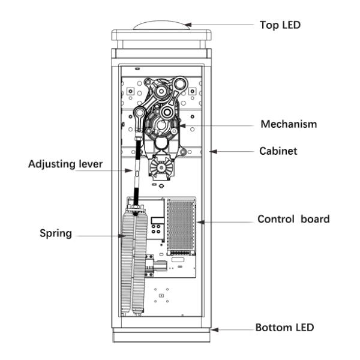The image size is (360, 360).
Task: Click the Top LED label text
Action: (x=280, y=25)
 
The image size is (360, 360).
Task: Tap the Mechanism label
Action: (x=289, y=124)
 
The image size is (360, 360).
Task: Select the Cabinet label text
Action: (x=278, y=151)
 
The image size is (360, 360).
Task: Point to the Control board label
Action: (x=293, y=219)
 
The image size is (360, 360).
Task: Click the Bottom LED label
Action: (x=284, y=328)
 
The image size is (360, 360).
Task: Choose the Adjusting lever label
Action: (x=65, y=164)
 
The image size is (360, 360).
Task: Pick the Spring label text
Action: (x=56, y=233)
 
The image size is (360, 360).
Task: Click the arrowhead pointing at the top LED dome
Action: (x=188, y=25)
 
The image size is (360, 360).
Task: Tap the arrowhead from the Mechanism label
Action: (x=182, y=126)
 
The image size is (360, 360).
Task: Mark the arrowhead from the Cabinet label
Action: (x=213, y=152)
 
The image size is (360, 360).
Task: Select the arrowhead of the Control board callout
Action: (x=200, y=222)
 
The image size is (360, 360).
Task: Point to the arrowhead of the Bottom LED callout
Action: (x=215, y=330)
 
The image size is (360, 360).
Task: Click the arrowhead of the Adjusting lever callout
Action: (x=129, y=170)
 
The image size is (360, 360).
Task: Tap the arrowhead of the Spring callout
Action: (x=122, y=236)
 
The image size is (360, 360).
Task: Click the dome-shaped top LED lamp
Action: (x=162, y=25)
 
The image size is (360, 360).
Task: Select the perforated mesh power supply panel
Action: (x=181, y=226)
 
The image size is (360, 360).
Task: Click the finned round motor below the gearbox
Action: (x=161, y=167)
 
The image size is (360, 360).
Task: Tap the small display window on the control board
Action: (x=157, y=221)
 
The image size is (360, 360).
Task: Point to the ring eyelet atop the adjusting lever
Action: (x=140, y=113)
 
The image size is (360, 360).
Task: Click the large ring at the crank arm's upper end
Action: (x=180, y=83)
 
